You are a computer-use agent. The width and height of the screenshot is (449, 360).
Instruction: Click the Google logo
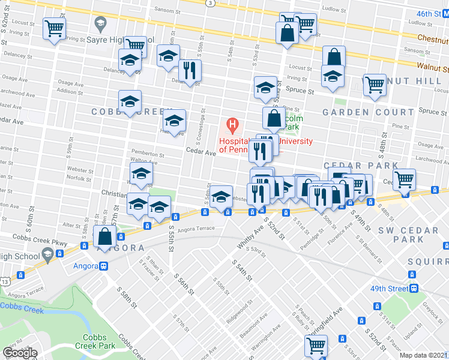pyautogui.click(x=20, y=353)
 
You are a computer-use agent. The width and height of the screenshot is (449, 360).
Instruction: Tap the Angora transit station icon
pyautogui.click(x=104, y=266)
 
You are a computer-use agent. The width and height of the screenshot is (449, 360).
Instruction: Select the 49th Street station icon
pyautogui.click(x=414, y=288)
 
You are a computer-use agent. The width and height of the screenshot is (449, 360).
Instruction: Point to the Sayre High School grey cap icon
pyautogui.click(x=100, y=25)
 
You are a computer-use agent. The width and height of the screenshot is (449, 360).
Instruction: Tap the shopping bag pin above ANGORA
pyautogui.click(x=104, y=238)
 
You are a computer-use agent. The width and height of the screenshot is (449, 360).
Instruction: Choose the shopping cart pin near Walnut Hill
pyautogui.click(x=375, y=85)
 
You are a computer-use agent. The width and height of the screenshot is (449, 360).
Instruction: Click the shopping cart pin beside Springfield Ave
pyautogui.click(x=315, y=346)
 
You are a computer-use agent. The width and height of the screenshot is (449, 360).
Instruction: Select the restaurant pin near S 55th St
pyautogui.click(x=190, y=71)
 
